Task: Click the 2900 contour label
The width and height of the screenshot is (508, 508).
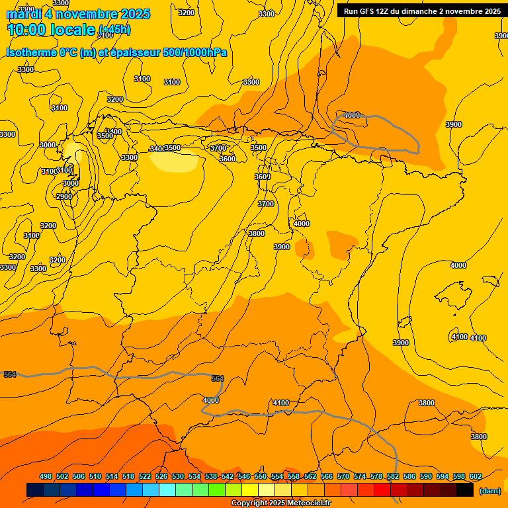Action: click(64, 196)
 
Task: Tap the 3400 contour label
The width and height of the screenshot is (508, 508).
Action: click(157, 149)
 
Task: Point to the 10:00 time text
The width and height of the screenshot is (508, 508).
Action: click(26, 30)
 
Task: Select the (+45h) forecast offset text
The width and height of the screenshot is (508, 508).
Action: click(114, 30)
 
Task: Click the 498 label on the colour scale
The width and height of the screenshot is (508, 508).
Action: click(46, 476)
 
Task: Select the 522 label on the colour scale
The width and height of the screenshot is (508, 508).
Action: click(145, 476)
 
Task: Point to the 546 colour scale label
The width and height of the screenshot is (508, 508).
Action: click(244, 476)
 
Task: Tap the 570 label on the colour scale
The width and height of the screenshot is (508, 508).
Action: click(343, 476)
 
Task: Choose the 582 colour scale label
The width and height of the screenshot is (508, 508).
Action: click(393, 476)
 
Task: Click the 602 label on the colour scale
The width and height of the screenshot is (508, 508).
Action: click(476, 476)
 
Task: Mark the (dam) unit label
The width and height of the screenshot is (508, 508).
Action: click(489, 490)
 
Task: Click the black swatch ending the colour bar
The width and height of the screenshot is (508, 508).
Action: click(465, 490)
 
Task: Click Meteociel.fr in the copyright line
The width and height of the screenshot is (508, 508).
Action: click(309, 503)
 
